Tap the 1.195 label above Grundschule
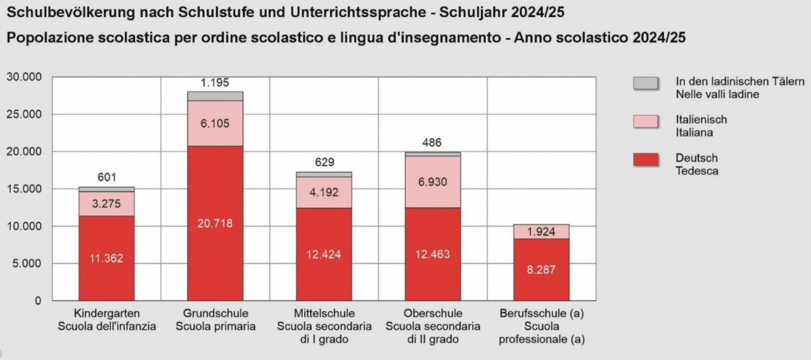[x=215, y=82]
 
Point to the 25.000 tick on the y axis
[x=24, y=114]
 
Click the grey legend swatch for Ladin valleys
[x=646, y=83]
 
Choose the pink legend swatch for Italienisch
[x=646, y=122]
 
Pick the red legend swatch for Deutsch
[x=646, y=160]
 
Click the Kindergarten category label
[x=106, y=314]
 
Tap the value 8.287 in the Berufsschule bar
[x=541, y=269]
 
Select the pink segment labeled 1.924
[x=541, y=232]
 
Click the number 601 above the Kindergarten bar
[x=106, y=178]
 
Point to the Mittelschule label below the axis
[x=324, y=314]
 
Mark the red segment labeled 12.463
[x=433, y=254]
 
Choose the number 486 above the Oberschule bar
[x=433, y=143]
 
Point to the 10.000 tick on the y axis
[x=24, y=226]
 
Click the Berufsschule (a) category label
[x=541, y=314]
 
